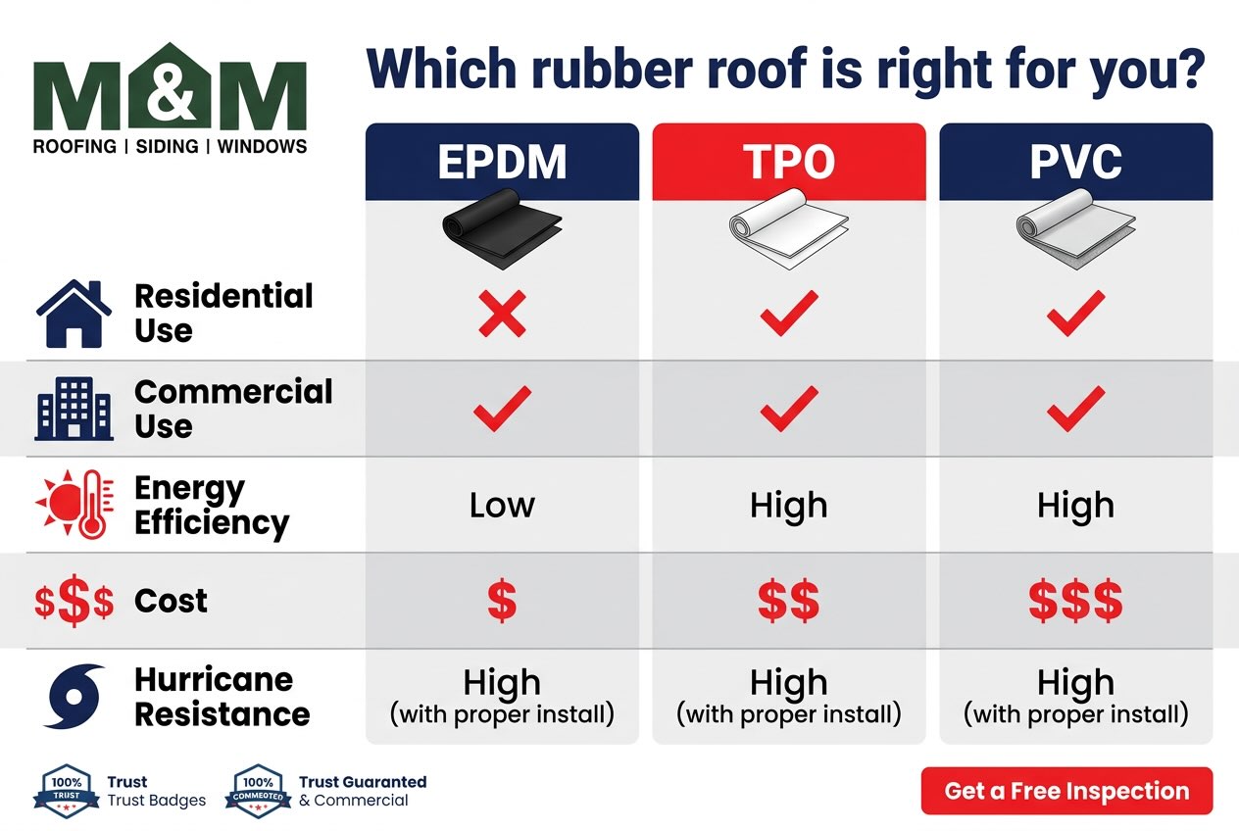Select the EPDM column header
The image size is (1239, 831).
pyautogui.click(x=502, y=162)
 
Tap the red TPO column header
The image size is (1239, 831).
pyautogui.click(x=788, y=162)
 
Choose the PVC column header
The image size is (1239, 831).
pyautogui.click(x=1075, y=162)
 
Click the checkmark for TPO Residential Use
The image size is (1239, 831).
pyautogui.click(x=788, y=314)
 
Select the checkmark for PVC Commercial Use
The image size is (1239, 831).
pyautogui.click(x=1075, y=409)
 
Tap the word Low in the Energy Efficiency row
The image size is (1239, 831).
pyautogui.click(x=502, y=506)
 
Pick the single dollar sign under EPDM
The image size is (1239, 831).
pyautogui.click(x=502, y=601)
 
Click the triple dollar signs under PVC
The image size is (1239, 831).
pyautogui.click(x=1075, y=601)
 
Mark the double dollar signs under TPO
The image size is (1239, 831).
pyautogui.click(x=788, y=601)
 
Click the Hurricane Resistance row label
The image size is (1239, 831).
pyautogui.click(x=222, y=697)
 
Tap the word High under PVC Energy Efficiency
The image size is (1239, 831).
pyautogui.click(x=1075, y=506)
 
